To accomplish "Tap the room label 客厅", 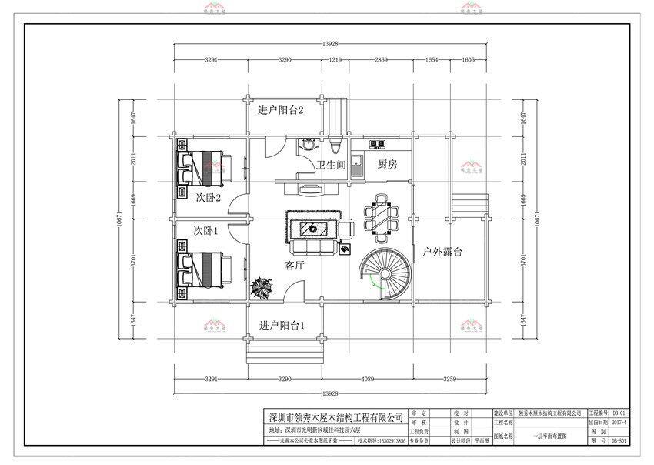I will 295,266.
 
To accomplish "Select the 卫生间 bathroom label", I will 331,165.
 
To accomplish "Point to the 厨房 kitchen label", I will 387,165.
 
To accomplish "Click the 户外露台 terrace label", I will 442,252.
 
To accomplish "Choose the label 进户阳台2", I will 282,111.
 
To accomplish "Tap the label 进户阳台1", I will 282,326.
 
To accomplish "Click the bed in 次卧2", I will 203,165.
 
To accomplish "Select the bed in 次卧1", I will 203,268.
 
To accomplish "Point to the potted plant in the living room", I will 259,287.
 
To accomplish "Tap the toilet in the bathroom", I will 335,146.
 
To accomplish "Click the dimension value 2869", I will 382,59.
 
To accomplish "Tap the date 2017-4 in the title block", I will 619,423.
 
